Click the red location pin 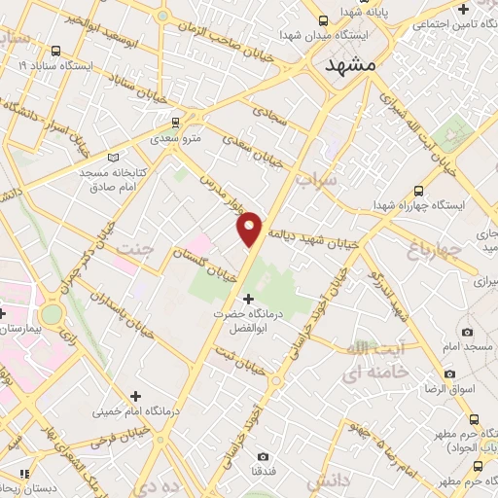tap(251, 227)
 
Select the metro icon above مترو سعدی tap(175, 123)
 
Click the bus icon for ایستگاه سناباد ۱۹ tap(54, 50)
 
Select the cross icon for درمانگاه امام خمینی tap(135, 396)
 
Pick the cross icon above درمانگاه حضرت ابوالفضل tap(249, 298)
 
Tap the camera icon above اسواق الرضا tap(449, 373)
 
